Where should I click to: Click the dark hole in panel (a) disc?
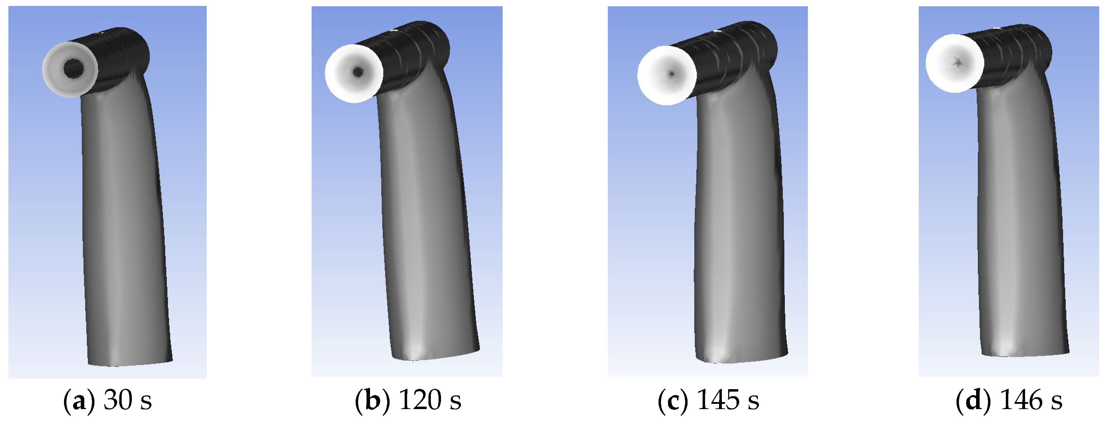[x=74, y=68]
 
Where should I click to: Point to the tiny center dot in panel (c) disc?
[x=671, y=74]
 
